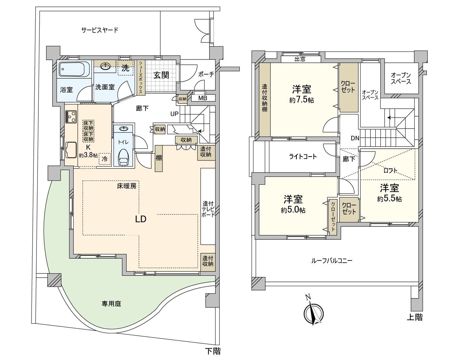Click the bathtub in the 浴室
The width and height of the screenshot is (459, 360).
[74, 69]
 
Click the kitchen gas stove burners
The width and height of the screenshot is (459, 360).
[71, 117]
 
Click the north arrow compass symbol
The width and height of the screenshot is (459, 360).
[314, 313]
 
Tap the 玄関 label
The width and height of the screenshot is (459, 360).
[161, 75]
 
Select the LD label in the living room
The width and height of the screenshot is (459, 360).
[141, 219]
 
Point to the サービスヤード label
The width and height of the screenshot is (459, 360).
[100, 30]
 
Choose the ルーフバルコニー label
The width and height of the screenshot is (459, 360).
[332, 261]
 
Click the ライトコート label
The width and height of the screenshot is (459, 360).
[303, 157]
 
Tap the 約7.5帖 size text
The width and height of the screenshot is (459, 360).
[301, 100]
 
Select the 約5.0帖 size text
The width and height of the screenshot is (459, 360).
[293, 210]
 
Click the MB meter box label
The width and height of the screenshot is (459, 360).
[202, 98]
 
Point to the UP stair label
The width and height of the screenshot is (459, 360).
[175, 114]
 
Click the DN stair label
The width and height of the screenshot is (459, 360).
[355, 138]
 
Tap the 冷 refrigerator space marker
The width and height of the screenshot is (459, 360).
[105, 159]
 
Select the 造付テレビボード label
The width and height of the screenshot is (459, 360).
[208, 209]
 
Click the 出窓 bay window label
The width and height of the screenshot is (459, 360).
[300, 59]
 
